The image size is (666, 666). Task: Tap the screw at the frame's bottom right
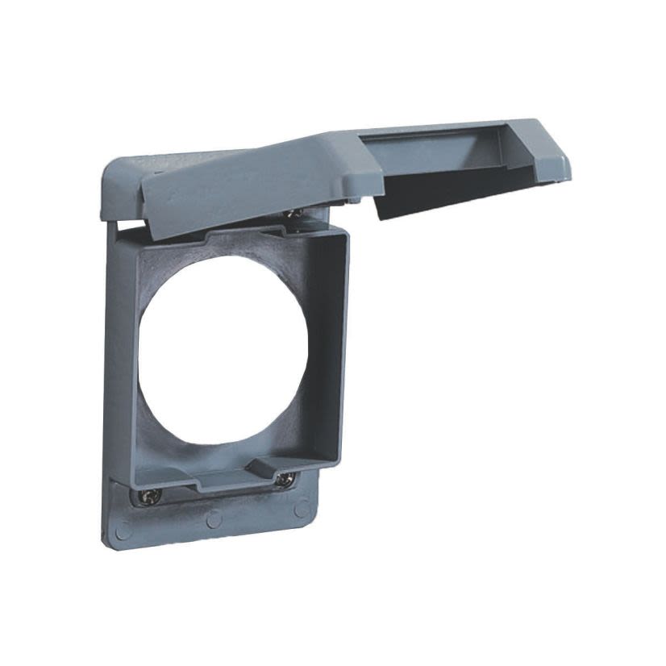click(x=284, y=480)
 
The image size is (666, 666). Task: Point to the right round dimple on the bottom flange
click(x=301, y=509)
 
